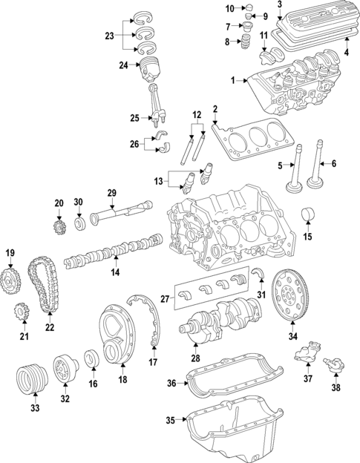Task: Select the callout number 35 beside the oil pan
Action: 171,421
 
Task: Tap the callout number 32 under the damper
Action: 65,398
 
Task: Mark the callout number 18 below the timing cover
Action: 123,380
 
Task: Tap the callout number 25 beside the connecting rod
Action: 134,118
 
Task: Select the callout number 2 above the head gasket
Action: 215,110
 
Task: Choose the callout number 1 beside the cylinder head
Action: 232,80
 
